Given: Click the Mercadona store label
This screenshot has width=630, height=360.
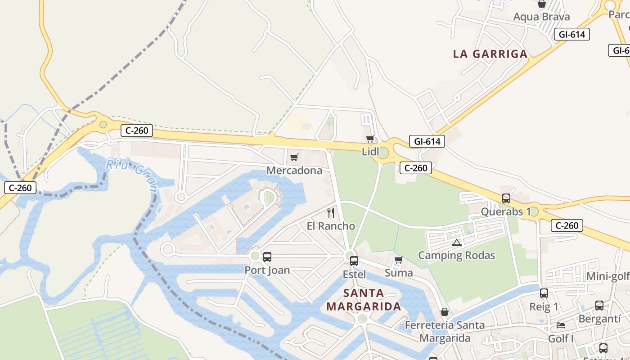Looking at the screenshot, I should [294, 171].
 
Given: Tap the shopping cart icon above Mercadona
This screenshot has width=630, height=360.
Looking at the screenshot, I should [294, 157].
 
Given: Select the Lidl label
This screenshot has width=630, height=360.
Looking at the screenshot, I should [370, 152].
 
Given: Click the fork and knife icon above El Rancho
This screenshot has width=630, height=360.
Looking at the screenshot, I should [331, 212].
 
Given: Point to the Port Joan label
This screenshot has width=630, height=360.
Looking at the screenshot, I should [267, 270].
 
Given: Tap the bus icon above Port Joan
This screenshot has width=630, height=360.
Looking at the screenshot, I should [267, 257].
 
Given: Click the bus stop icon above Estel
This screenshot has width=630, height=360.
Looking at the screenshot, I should [354, 261].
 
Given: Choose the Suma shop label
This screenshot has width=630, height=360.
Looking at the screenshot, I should [399, 273].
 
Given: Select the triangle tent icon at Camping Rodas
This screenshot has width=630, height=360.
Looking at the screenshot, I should [457, 243].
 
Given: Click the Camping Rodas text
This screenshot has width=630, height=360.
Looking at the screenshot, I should [457, 255].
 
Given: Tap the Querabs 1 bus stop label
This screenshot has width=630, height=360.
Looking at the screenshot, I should [506, 211].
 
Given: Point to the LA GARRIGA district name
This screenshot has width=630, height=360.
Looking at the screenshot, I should [490, 54].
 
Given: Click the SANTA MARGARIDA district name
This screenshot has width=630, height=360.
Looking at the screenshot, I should [364, 300].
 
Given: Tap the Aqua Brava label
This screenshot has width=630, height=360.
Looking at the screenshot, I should [542, 17].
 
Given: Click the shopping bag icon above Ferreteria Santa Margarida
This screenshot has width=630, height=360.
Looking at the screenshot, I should [445, 312].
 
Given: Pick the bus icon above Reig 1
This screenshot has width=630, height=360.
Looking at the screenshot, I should [544, 293].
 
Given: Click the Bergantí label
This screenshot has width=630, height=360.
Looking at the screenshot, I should [599, 319].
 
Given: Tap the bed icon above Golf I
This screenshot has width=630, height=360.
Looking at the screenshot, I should [561, 325].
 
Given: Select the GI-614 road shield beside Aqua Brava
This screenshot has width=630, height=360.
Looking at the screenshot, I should [571, 34].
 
